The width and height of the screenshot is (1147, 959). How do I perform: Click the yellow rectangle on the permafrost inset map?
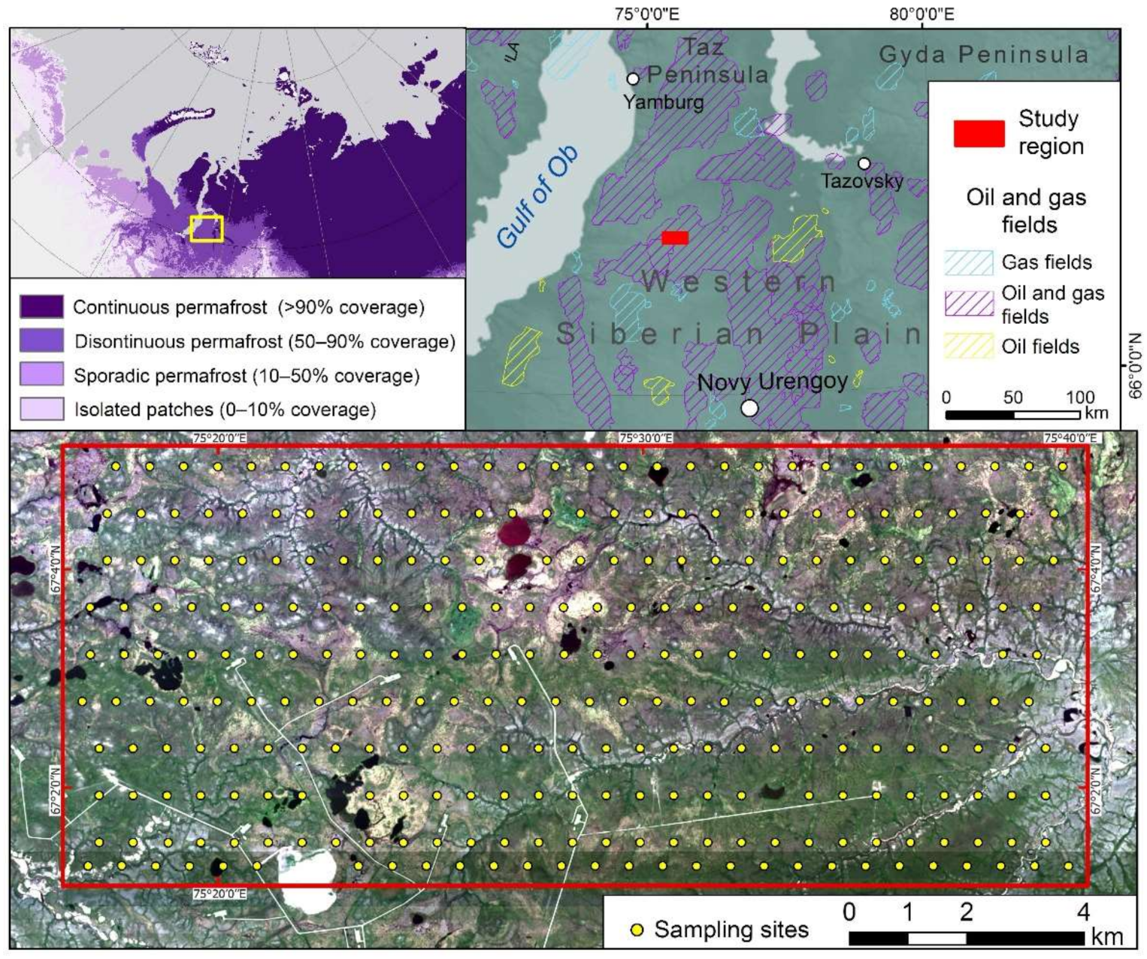[x=207, y=228]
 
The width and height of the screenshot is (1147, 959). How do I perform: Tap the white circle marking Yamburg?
[x=633, y=78]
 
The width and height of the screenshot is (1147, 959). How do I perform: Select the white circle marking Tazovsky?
[x=864, y=163]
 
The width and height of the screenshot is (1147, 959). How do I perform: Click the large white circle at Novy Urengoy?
[x=749, y=408]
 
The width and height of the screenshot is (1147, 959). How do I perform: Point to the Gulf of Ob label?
[x=537, y=195]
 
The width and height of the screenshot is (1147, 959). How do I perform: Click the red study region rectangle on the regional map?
[x=675, y=237]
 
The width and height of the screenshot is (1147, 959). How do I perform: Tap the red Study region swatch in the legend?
[x=979, y=133]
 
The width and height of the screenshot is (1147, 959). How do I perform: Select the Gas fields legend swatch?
[x=969, y=262]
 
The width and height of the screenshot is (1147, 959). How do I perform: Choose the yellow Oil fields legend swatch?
[x=969, y=346]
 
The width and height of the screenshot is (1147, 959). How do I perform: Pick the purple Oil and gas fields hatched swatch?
[x=969, y=303]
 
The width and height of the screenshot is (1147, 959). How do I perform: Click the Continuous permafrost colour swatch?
[x=41, y=307]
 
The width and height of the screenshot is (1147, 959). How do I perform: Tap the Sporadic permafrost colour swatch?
[x=41, y=375]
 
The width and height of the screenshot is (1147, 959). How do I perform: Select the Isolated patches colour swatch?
[x=41, y=409]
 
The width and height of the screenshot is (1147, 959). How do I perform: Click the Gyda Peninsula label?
[x=984, y=54]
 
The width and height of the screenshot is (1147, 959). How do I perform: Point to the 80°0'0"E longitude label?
[x=922, y=14]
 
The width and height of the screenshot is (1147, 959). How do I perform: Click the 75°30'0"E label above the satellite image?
[x=646, y=438]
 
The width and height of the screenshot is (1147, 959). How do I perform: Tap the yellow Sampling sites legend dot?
[x=637, y=930]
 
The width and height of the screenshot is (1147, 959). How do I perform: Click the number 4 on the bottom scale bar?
[x=1083, y=912]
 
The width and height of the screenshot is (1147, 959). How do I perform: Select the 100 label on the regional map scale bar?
[x=1080, y=397]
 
